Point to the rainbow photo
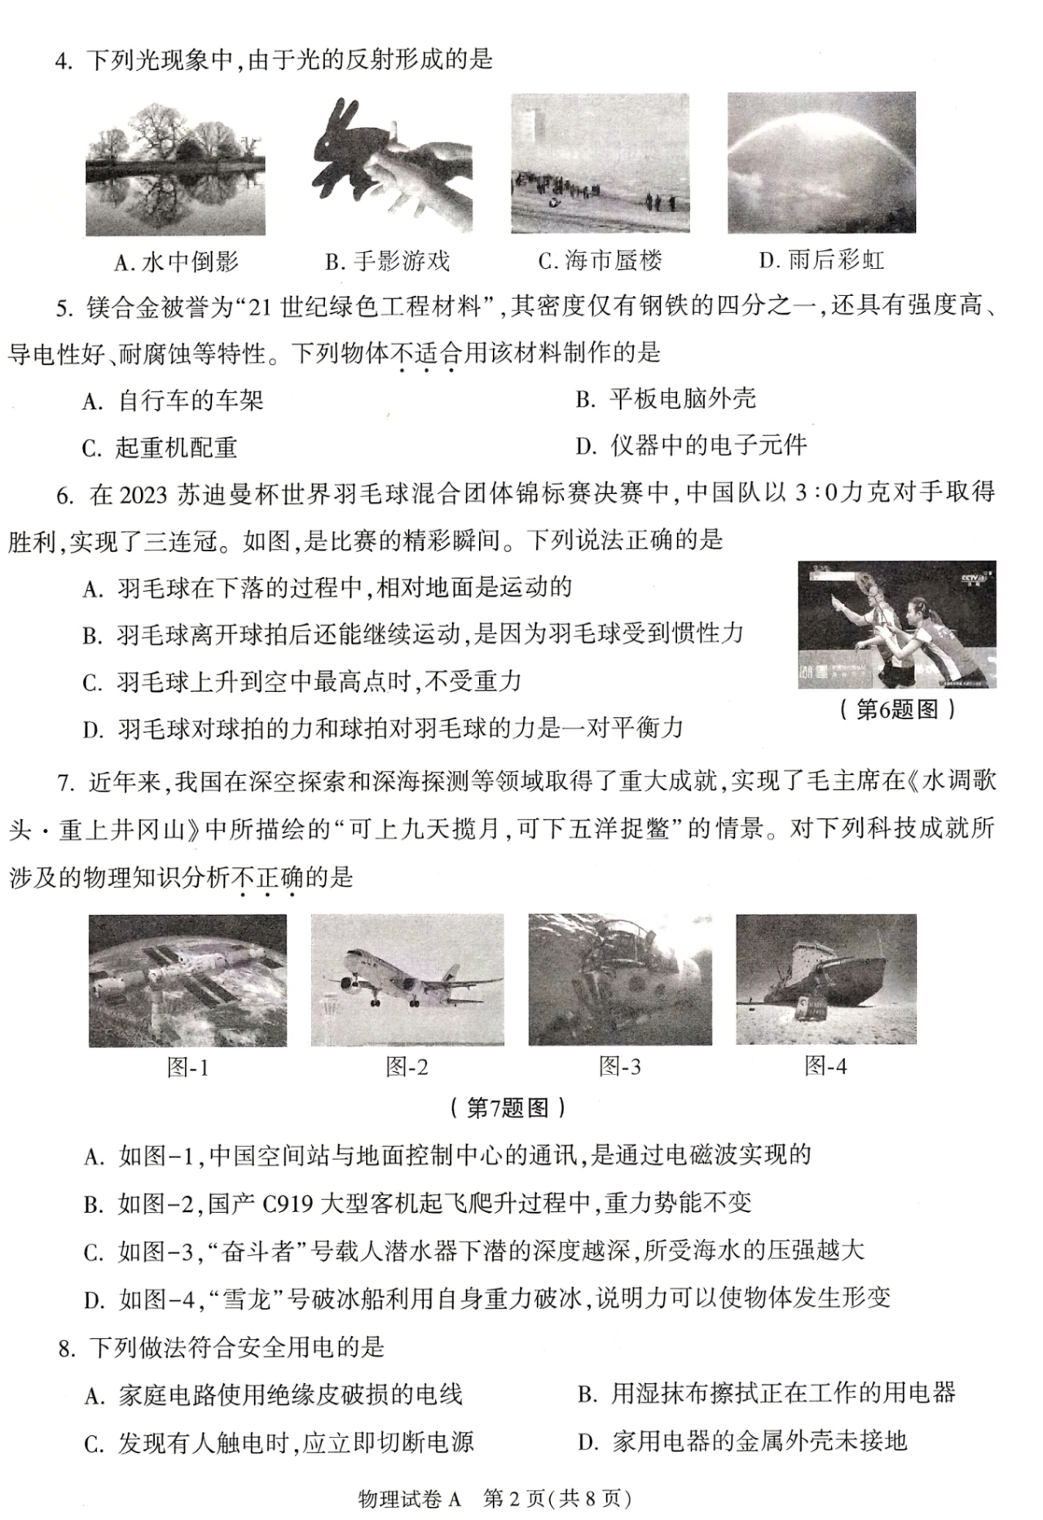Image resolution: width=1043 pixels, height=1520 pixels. [821, 163]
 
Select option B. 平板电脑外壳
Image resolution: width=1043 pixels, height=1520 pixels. [666, 399]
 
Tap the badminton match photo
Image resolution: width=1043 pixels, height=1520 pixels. [896, 624]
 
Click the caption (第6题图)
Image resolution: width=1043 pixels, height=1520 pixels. [896, 710]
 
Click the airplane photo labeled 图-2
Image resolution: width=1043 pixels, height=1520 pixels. [407, 980]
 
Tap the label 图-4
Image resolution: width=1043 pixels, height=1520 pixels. [825, 1066]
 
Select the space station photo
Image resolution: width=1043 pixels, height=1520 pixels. [187, 980]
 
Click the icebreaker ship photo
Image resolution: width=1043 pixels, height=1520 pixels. [825, 979]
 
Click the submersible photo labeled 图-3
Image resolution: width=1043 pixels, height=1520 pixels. [619, 980]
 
